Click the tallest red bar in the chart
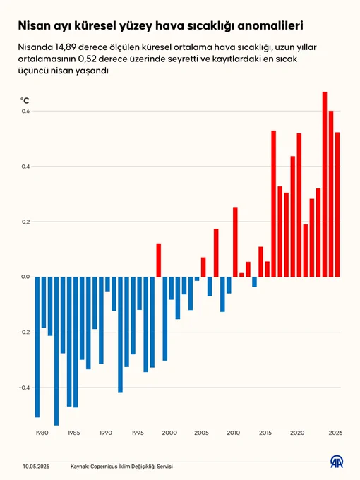click(x=325, y=184)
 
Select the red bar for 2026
click(x=337, y=205)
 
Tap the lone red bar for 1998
click(x=159, y=260)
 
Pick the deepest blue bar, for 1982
click(x=56, y=351)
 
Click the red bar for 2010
click(x=235, y=242)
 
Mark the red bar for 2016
click(x=274, y=203)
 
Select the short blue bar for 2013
click(x=254, y=282)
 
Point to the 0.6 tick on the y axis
click(x=25, y=111)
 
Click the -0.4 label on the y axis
click(x=25, y=388)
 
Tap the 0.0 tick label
click(x=25, y=277)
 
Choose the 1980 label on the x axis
click(x=42, y=433)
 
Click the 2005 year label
click(x=201, y=433)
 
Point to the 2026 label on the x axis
click(x=335, y=433)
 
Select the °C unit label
click(x=25, y=100)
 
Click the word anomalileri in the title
click(x=270, y=25)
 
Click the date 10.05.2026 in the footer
click(x=36, y=467)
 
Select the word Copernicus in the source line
click(x=104, y=467)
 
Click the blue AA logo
click(x=337, y=462)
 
